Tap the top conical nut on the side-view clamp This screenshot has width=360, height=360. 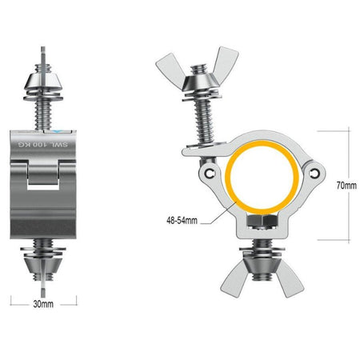pyautogui.click(x=44, y=78)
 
